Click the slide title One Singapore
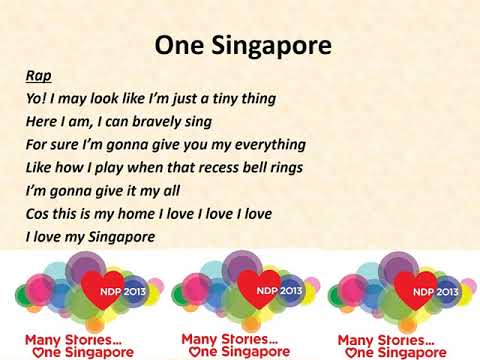[x=242, y=46]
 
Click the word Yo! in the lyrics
[x=38, y=99]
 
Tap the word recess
[x=218, y=166]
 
